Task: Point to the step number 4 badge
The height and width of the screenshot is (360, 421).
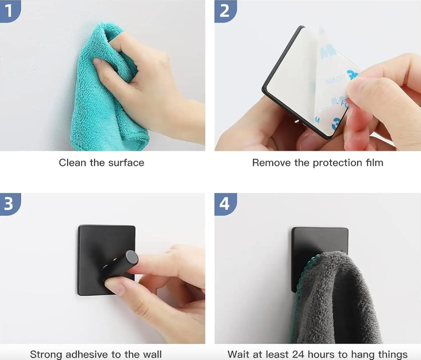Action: coord(224,204)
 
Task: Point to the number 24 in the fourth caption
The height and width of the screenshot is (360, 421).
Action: coord(299,354)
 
